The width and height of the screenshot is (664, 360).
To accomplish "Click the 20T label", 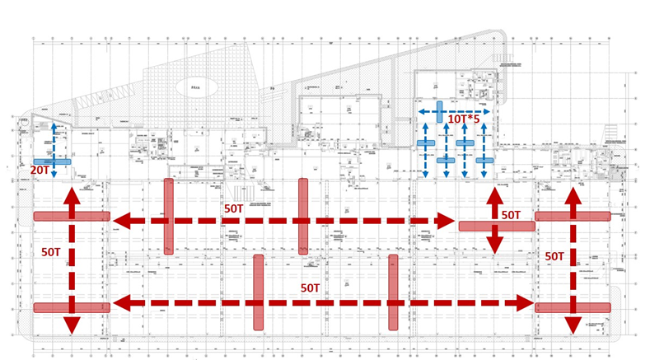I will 39,170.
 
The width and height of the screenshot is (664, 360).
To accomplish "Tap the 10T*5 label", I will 465,119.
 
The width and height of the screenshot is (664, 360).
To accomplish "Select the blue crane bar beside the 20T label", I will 52,161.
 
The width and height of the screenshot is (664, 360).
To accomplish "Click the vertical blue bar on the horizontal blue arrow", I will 440,110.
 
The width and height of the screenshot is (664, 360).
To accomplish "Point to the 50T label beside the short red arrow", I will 512,215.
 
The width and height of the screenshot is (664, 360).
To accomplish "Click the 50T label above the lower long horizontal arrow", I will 310,288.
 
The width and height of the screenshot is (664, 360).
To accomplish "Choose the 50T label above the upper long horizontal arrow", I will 235,209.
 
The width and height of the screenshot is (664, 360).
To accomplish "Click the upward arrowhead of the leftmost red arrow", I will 72,195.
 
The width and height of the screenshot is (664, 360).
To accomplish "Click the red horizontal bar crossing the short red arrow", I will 497,226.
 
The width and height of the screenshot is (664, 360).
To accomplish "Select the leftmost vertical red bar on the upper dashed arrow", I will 168,216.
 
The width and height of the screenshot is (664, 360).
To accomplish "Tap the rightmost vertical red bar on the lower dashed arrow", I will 393,292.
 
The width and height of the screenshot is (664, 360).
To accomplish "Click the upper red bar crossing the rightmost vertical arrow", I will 573,216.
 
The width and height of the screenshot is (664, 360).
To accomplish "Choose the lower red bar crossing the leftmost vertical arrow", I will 72,307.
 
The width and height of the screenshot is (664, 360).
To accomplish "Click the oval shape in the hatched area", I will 195,86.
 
